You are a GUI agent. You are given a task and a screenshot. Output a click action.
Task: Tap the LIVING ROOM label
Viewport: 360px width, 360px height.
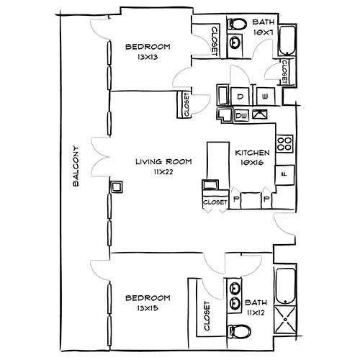point(163,162)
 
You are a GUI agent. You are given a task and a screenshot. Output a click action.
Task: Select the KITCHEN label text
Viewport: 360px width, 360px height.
point(252,153)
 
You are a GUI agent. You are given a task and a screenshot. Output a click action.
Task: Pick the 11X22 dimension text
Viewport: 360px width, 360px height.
point(163,173)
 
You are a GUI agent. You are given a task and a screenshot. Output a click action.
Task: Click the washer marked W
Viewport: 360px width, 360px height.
point(265,96)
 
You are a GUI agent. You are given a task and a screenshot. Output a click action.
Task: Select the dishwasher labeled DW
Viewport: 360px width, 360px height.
point(242,114)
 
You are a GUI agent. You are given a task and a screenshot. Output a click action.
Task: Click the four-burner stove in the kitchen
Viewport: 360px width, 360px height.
point(284,142)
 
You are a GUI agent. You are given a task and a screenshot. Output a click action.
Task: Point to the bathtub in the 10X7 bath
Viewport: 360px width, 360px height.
point(287,41)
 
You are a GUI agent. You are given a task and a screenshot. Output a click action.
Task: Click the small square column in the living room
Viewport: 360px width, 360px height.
point(115,187)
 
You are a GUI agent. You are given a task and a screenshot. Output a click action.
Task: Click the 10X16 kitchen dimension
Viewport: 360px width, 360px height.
point(252,163)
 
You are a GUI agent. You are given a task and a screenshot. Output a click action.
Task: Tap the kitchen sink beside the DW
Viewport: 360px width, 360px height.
point(260,114)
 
